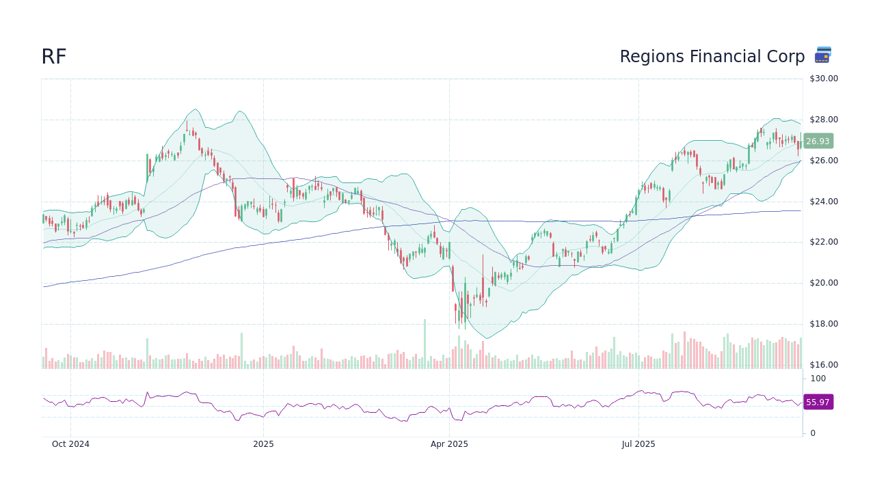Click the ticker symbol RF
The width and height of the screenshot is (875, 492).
coord(53,57)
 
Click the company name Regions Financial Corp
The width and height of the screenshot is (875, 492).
coord(712,57)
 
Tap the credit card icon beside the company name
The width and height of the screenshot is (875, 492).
coord(823,55)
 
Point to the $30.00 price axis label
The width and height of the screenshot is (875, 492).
coord(823,79)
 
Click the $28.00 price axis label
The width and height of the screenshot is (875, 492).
coord(823,120)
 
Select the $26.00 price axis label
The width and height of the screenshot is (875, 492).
coord(823,161)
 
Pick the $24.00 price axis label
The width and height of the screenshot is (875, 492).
coord(823,202)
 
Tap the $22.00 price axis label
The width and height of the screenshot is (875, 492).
coord(823,242)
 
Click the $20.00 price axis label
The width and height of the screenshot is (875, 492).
coord(823,283)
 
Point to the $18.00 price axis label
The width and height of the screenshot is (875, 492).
coord(823,324)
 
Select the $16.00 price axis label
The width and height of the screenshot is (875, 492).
coord(823,365)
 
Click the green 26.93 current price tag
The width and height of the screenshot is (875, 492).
coord(818,141)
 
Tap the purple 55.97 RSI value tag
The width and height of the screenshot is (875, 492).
coord(818,402)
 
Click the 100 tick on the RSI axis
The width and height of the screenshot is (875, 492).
coord(818,379)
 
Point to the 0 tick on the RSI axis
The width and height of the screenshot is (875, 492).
coord(813,433)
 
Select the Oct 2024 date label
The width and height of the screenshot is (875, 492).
coord(70,444)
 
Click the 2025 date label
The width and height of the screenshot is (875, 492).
coord(263,444)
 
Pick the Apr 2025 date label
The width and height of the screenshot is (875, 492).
coord(449,444)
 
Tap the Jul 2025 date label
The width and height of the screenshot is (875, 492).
coord(638,444)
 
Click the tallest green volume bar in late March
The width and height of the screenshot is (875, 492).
coord(425,344)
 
